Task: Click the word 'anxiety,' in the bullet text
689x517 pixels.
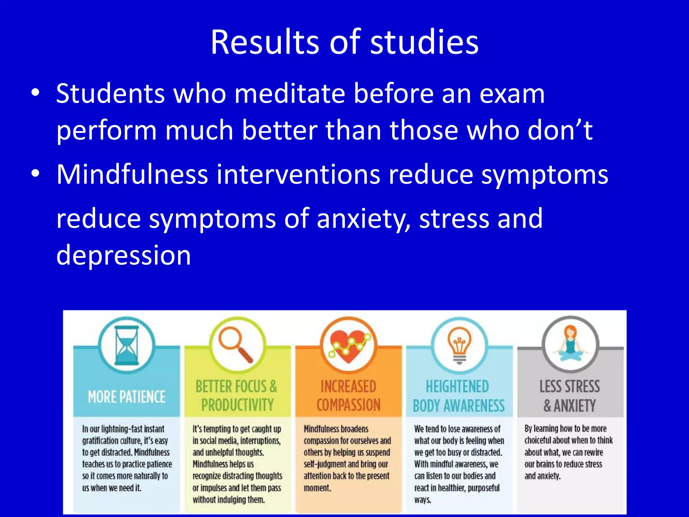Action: tap(363, 219)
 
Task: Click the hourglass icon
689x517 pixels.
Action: tap(126, 345)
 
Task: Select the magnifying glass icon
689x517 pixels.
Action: tap(236, 345)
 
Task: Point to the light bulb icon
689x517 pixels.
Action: tap(459, 345)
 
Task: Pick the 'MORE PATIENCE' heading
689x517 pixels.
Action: tap(126, 397)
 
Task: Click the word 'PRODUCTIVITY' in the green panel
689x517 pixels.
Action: tap(238, 405)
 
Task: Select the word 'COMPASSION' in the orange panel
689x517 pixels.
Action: tap(349, 405)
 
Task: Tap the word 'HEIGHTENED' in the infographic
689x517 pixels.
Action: tap(457, 386)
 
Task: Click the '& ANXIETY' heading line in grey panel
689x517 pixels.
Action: tap(570, 406)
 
